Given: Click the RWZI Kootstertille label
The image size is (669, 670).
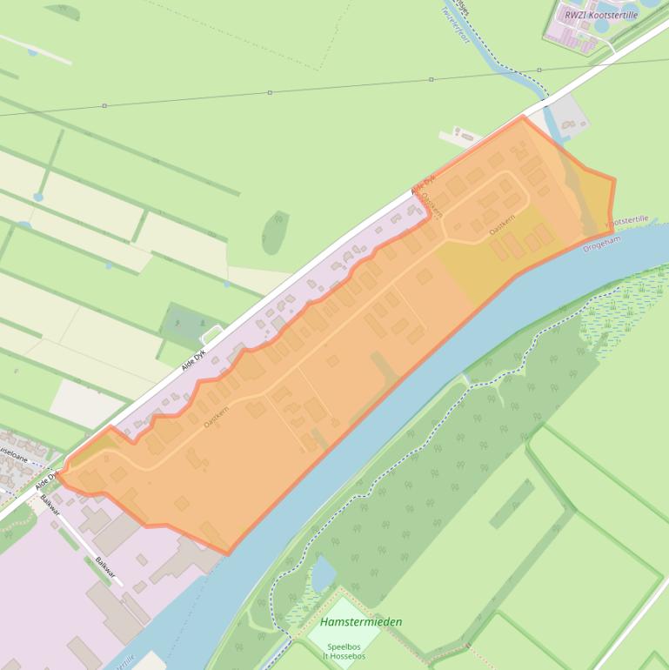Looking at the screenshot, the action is [601, 15].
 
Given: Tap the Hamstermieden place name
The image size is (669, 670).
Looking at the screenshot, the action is [360, 622].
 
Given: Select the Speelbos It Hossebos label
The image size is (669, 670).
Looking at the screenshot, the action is [346, 651].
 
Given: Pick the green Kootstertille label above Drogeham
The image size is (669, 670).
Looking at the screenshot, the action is [627, 220].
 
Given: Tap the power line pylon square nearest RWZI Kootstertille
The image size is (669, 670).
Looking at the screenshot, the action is [539, 70].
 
